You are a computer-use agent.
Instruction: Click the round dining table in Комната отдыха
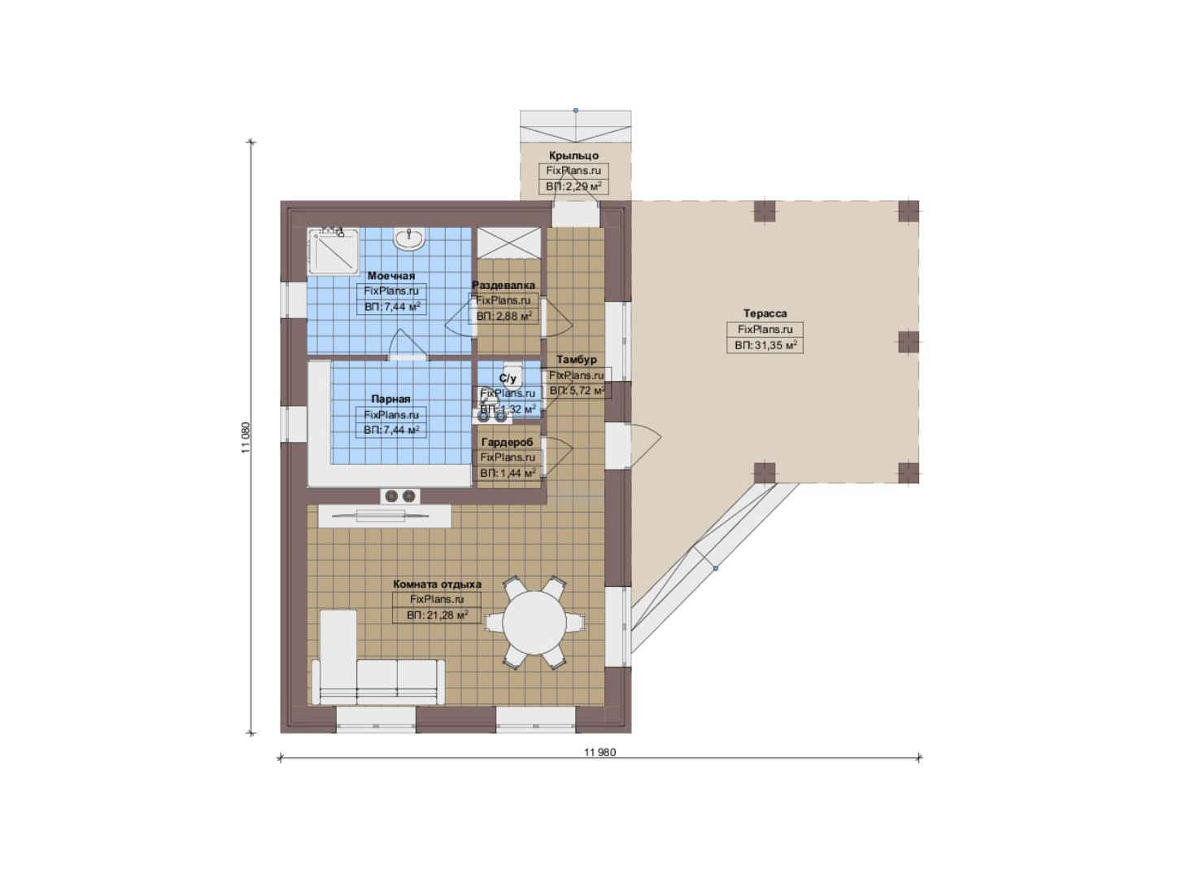534,623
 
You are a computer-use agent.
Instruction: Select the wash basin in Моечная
409,238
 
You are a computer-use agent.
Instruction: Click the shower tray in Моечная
333,251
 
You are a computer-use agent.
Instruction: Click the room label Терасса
765,313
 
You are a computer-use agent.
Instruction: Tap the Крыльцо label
573,155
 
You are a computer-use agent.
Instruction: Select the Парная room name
390,399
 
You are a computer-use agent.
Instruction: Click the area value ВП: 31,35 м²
765,345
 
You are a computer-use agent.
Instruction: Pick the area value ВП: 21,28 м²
437,615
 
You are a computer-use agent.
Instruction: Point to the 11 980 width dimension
599,752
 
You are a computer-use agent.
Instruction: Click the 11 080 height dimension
246,438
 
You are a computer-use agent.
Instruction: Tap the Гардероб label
508,443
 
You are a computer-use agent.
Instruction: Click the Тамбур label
577,360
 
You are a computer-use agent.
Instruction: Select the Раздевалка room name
504,285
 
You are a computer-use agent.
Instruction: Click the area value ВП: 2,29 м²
573,187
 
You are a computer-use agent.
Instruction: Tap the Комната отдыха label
438,584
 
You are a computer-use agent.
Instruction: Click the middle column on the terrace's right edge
909,342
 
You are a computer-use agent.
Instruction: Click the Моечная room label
391,276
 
